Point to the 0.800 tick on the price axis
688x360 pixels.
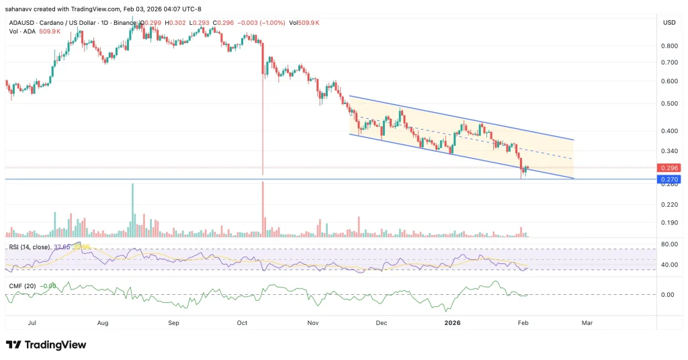(x=669, y=46)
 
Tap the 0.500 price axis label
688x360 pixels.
(x=669, y=103)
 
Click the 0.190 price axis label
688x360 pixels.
(x=669, y=222)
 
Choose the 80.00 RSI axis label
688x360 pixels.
(x=669, y=244)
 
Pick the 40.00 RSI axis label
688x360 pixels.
(x=669, y=265)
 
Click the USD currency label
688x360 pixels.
(x=669, y=22)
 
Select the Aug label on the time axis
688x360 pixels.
(x=103, y=323)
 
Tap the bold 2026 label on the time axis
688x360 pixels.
(x=454, y=323)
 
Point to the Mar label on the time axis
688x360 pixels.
(x=587, y=323)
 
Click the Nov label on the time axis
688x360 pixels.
(x=312, y=323)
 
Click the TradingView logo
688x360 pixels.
(x=47, y=345)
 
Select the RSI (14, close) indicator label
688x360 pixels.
(x=31, y=247)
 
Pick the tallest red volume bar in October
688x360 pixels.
(x=263, y=209)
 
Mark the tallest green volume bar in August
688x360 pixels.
(x=133, y=209)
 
